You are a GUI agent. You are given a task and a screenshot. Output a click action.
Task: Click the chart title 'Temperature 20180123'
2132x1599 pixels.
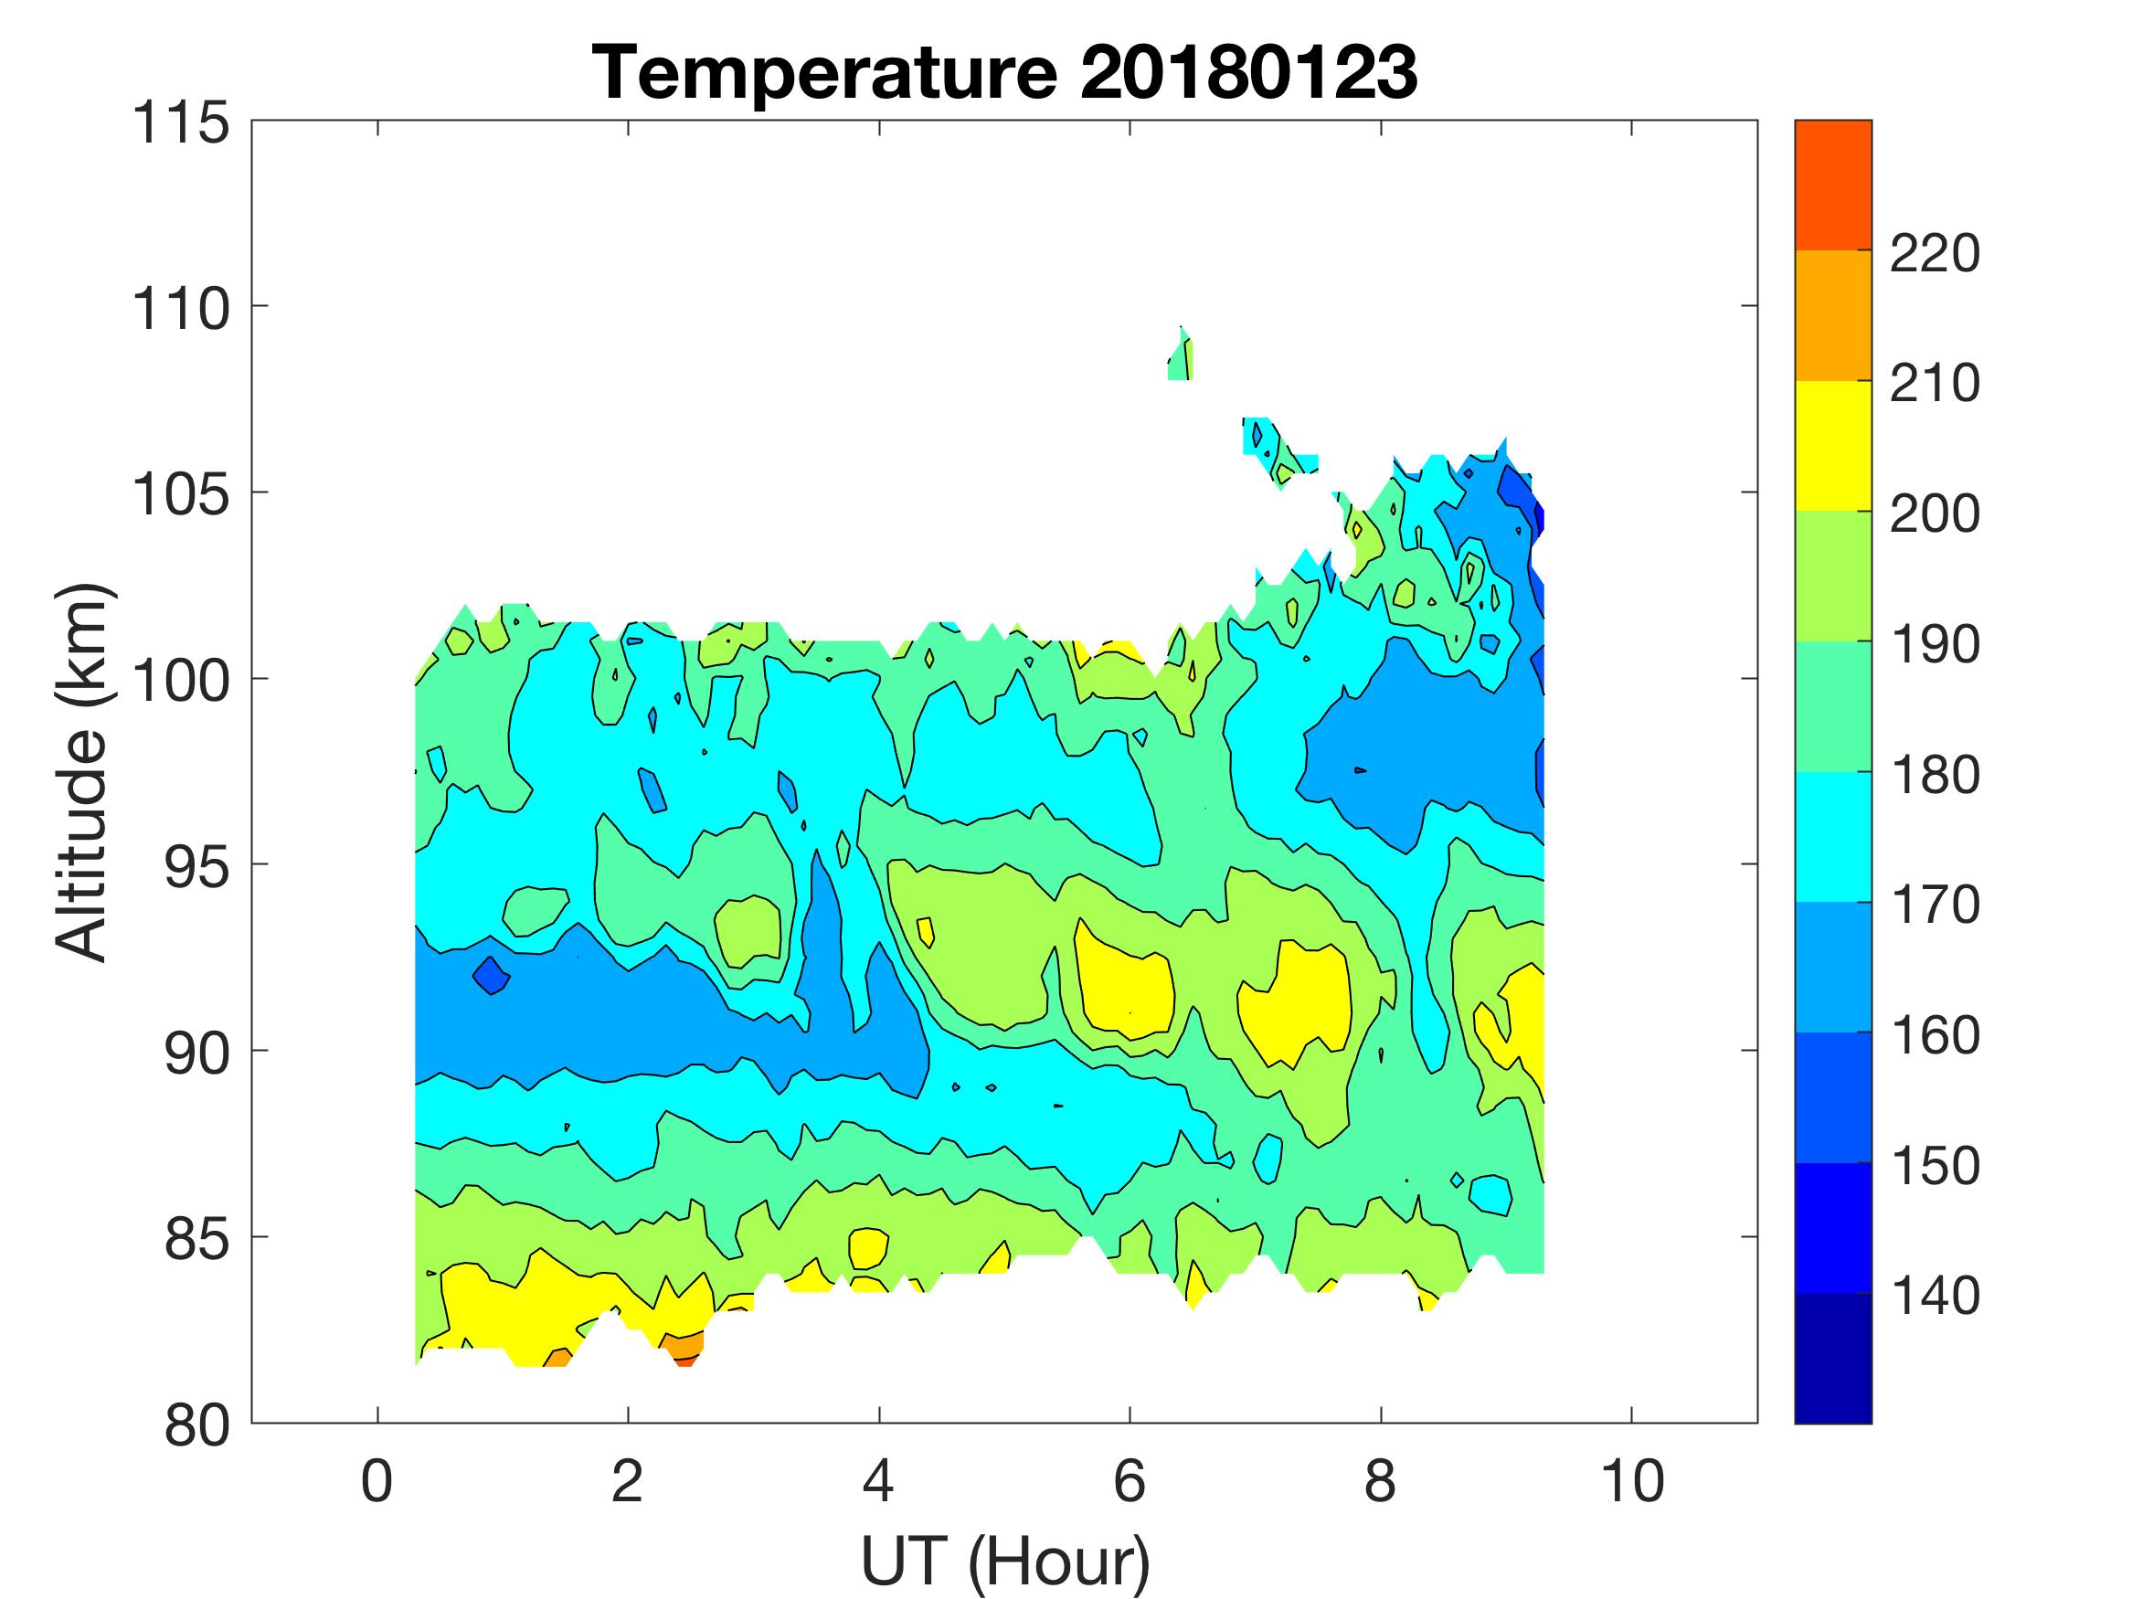pos(1004,71)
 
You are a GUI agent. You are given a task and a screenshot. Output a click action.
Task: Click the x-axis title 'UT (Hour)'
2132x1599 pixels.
pos(1004,1560)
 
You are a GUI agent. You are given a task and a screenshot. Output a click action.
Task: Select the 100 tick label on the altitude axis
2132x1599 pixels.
pos(181,681)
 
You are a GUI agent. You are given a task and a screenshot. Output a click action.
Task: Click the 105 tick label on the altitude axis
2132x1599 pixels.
pos(181,494)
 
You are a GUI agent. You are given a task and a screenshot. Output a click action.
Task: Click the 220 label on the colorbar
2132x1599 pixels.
pos(1935,254)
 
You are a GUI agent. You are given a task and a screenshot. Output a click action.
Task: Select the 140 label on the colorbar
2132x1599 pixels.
pos(1935,1296)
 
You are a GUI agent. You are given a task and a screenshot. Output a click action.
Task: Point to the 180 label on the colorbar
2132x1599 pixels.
pos(1935,775)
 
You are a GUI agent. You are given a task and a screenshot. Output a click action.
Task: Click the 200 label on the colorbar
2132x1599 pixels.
pos(1935,514)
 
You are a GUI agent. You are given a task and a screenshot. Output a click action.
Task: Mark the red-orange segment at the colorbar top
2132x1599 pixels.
pos(1832,185)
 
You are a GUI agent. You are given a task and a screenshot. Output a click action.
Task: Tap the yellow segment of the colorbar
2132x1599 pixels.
pos(1832,445)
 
